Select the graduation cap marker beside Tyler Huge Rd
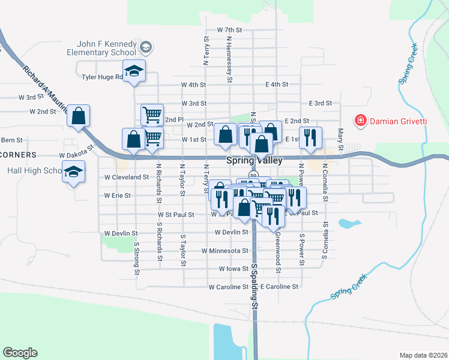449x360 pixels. tap(134, 71)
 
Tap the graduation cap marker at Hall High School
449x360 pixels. tap(74, 172)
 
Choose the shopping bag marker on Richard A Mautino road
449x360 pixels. tap(79, 116)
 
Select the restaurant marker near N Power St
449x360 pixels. tap(310, 137)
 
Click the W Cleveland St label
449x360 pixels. tap(126, 178)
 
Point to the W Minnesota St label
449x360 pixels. tap(224, 250)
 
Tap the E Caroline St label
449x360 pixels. tap(279, 287)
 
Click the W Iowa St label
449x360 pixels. tap(234, 269)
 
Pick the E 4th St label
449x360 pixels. tap(277, 85)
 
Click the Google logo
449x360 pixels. tap(20, 353)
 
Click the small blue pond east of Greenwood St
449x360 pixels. tap(346, 224)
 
